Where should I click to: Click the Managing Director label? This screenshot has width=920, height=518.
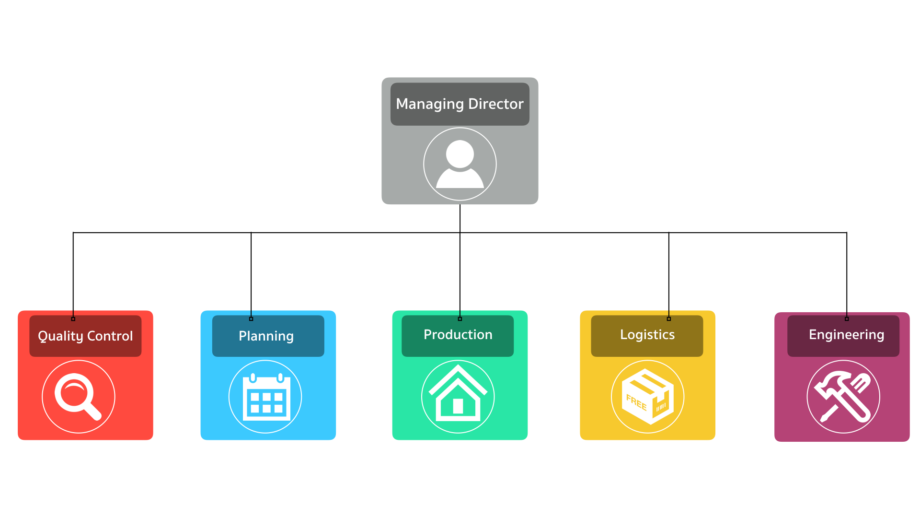click(460, 104)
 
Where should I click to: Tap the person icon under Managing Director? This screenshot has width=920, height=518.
click(460, 164)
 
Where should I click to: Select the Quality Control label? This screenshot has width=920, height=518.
click(85, 336)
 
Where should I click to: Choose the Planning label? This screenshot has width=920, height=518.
click(266, 336)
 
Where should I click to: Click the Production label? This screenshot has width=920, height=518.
click(458, 334)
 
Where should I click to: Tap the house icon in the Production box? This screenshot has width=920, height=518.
click(458, 396)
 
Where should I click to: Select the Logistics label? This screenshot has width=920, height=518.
click(647, 334)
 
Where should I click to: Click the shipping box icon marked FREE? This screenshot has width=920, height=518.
click(647, 397)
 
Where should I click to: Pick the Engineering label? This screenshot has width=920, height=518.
click(846, 334)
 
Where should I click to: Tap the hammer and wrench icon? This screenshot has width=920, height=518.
click(843, 397)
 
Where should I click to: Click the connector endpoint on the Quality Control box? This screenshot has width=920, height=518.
click(73, 319)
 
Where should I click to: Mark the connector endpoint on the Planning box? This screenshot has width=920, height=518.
click(251, 319)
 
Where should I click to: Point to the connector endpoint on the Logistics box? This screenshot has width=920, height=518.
click(669, 319)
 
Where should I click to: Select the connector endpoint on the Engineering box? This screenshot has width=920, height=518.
click(847, 319)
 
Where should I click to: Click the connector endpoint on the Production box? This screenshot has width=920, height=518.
click(460, 319)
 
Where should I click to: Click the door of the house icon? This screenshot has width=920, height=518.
click(458, 406)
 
